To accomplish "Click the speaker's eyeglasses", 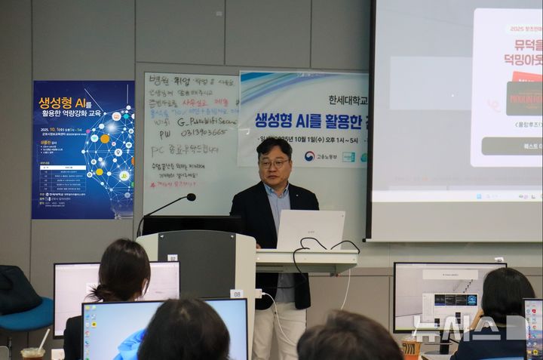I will pos(275,163).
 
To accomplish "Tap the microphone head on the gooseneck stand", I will pos(192,197).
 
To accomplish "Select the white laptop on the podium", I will pos(310,229).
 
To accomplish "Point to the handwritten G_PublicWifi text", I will pos(207,120).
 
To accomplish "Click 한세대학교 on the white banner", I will pos(348,100).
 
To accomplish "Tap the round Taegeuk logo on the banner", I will pos(309,156).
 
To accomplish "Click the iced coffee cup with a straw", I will pos(32,352).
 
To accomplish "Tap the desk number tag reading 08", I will pos(236,294).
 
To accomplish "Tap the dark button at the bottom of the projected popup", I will pos(511,146).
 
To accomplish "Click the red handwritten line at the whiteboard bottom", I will pos(173,183).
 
